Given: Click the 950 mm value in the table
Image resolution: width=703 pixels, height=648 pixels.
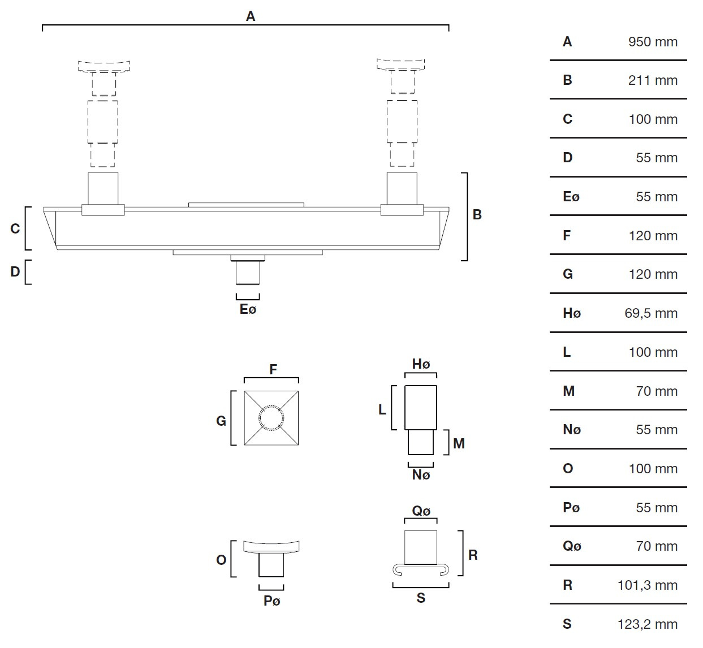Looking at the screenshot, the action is (653, 42).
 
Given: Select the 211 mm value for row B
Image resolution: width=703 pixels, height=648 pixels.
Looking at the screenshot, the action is (653, 80).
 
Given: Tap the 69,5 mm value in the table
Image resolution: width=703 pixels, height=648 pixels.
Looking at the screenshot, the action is (651, 314).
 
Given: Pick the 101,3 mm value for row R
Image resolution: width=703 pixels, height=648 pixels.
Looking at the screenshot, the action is (648, 585).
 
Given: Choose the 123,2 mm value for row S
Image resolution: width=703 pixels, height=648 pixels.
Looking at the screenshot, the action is (648, 624).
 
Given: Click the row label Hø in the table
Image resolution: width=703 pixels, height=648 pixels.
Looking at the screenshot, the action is (572, 313).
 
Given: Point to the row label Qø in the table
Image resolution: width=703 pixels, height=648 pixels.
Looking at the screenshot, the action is (572, 546).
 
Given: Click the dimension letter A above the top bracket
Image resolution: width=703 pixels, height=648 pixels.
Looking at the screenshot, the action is (251, 16).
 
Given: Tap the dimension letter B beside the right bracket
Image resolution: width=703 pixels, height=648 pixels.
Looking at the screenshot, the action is (477, 214).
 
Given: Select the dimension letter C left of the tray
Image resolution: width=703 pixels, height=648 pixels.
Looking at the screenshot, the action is (15, 228).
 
